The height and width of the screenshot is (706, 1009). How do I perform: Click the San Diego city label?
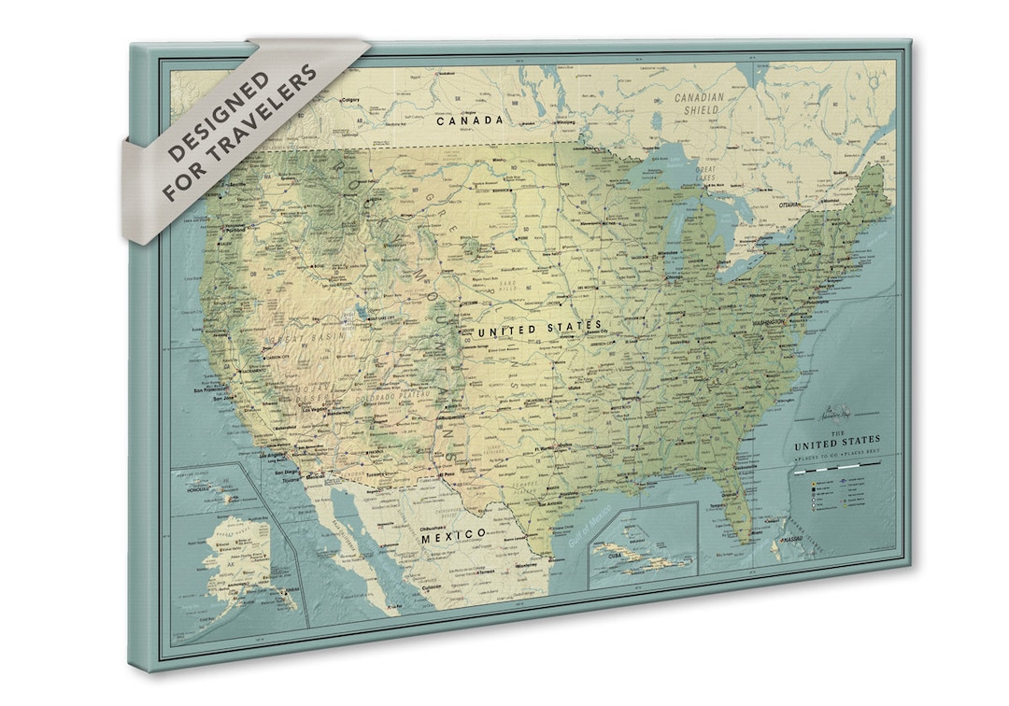point(287,473)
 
